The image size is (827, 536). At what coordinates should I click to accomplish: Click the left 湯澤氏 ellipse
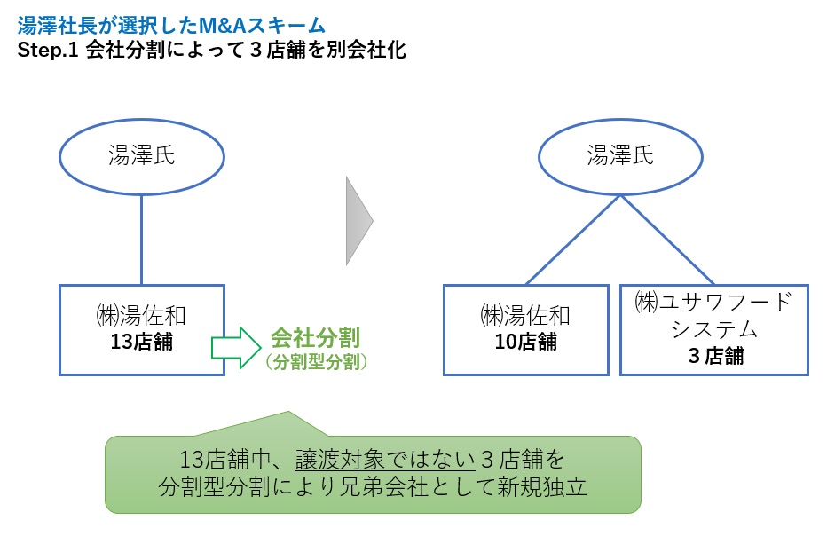pyautogui.click(x=142, y=157)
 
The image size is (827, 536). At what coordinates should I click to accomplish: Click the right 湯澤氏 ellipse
pyautogui.click(x=620, y=157)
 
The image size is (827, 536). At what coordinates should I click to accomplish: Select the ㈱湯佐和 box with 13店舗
pyautogui.click(x=142, y=329)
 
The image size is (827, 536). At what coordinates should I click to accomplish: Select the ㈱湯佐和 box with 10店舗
pyautogui.click(x=525, y=329)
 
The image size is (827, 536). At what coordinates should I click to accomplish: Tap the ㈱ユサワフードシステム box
pyautogui.click(x=713, y=329)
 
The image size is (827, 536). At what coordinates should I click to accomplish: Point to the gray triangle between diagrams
pyautogui.click(x=358, y=220)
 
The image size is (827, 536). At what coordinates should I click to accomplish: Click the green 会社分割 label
pyautogui.click(x=315, y=337)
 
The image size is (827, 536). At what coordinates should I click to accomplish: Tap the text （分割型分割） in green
pyautogui.click(x=316, y=361)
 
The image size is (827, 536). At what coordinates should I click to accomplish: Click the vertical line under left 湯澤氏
pyautogui.click(x=142, y=240)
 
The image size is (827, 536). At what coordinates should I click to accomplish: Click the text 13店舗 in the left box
pyautogui.click(x=142, y=342)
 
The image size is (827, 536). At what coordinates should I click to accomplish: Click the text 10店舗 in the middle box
pyautogui.click(x=525, y=342)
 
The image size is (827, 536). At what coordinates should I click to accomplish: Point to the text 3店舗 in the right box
pyautogui.click(x=713, y=357)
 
